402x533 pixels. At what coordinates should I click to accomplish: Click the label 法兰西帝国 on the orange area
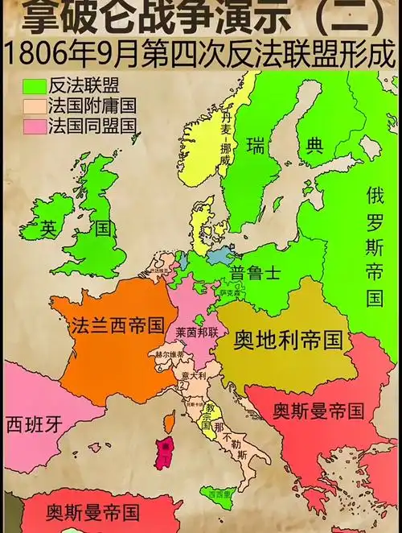click(x=117, y=327)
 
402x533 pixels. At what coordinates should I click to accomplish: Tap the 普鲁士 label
click(x=254, y=272)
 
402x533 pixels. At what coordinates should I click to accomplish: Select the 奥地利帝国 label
click(x=288, y=341)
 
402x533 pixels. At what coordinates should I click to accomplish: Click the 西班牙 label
click(x=34, y=422)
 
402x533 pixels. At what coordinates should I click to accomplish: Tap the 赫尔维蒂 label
click(x=170, y=353)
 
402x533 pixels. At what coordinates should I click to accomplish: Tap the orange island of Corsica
click(x=169, y=422)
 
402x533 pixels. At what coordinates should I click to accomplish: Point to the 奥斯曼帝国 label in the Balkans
click(x=318, y=411)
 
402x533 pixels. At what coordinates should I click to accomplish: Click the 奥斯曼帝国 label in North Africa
click(x=92, y=512)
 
